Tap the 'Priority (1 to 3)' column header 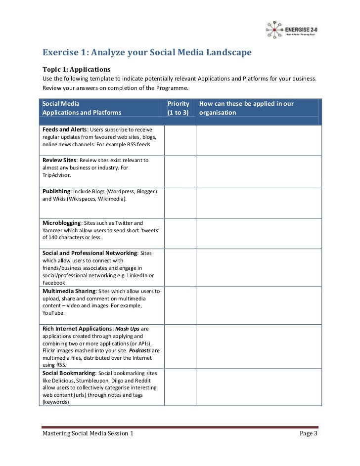[179, 108]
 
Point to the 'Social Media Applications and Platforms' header [82, 108]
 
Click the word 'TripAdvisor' [56, 175]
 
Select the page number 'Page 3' [309, 434]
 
